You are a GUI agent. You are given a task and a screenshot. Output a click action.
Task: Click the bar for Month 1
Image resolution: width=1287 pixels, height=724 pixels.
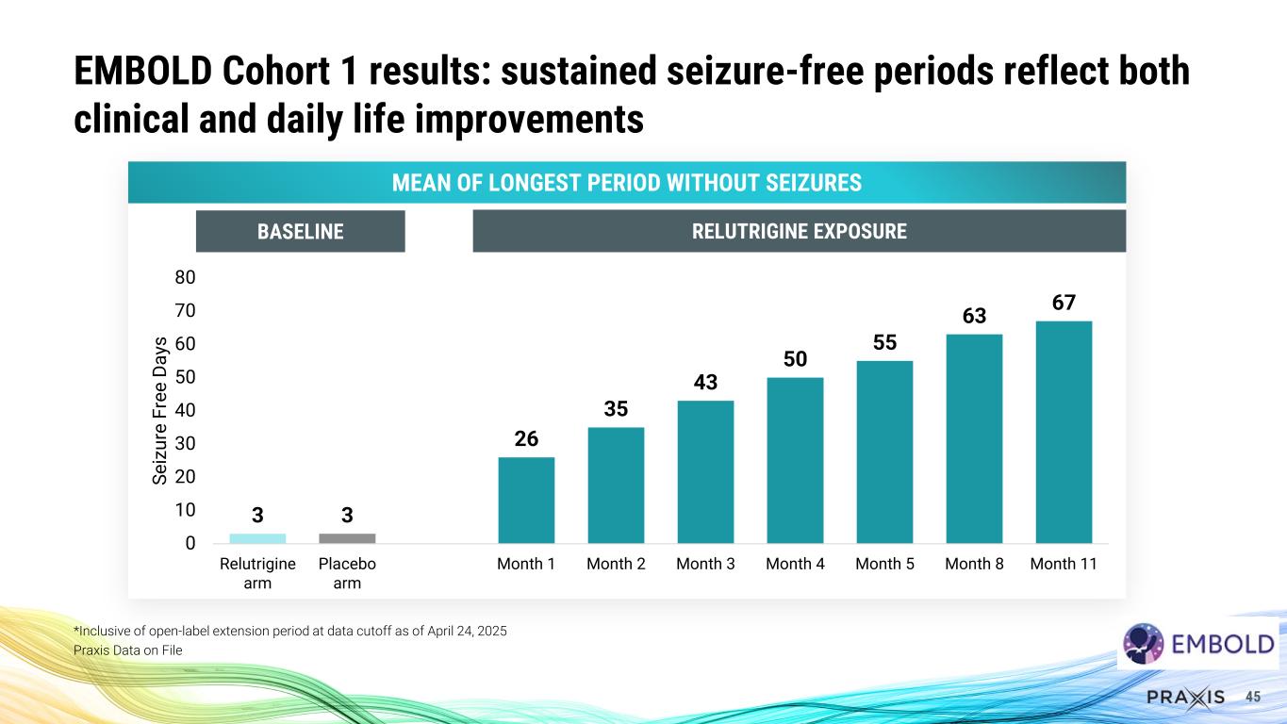click(x=526, y=500)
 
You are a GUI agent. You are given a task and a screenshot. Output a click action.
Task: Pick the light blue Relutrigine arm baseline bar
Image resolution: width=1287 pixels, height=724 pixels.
click(x=257, y=538)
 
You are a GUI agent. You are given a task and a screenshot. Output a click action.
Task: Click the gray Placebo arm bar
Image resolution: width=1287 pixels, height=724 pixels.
click(x=347, y=538)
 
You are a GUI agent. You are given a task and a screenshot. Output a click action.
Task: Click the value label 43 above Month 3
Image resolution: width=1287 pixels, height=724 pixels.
click(x=705, y=383)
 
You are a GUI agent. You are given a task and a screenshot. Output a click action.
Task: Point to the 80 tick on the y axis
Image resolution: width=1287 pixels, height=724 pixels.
click(x=184, y=278)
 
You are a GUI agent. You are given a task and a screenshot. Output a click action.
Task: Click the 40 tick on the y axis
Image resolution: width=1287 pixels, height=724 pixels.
click(x=184, y=410)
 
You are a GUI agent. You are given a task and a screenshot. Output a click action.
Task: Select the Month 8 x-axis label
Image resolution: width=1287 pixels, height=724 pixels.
click(x=974, y=564)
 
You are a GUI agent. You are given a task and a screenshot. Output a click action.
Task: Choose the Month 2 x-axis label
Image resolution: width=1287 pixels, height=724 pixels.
click(x=616, y=564)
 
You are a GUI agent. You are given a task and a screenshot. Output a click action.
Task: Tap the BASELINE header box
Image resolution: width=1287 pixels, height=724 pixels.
click(x=300, y=231)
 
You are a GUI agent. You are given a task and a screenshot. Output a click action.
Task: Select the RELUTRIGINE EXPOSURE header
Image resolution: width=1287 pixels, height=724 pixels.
click(x=799, y=231)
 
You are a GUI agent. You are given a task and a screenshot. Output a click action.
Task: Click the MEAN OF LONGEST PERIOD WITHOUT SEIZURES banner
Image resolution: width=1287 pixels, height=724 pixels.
click(x=626, y=182)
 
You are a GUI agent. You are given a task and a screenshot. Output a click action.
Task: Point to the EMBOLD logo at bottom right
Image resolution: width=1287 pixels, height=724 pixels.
click(x=1198, y=645)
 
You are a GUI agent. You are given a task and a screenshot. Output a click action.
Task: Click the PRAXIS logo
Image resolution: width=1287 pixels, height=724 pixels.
click(x=1185, y=697)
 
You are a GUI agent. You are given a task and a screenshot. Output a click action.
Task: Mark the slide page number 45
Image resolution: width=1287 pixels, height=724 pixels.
click(x=1253, y=697)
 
